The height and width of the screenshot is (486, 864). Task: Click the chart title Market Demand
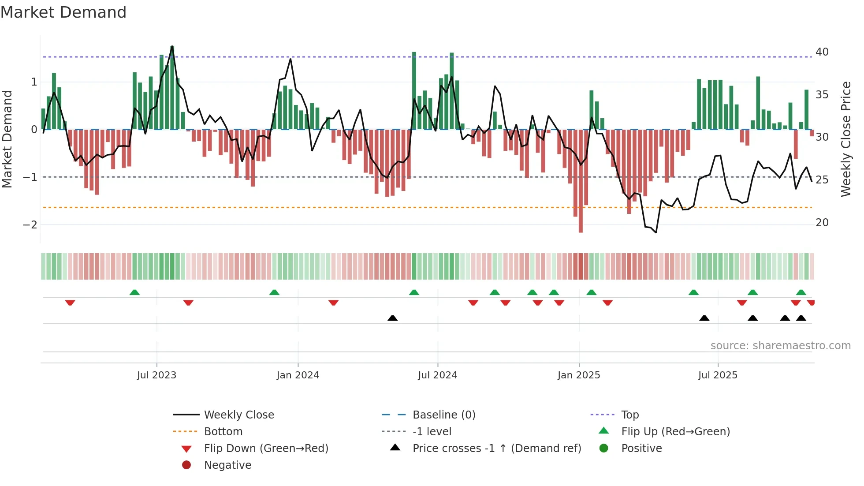[x=63, y=12]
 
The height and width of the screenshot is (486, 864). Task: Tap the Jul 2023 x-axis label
[x=156, y=375]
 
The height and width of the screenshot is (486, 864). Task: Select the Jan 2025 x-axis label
[x=578, y=375]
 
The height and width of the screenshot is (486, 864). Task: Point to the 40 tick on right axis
[x=822, y=52]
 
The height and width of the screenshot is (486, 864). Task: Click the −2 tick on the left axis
[x=30, y=224]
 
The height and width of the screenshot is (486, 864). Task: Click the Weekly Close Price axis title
[x=845, y=139]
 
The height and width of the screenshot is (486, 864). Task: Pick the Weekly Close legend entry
[x=238, y=415]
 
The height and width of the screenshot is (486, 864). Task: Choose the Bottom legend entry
[x=223, y=432]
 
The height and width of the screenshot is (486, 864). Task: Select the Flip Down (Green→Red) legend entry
[x=266, y=449]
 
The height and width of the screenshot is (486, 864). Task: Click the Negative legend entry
[x=227, y=465]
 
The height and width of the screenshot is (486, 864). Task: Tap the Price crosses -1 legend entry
[x=496, y=449]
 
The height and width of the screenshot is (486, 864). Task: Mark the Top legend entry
[x=629, y=415]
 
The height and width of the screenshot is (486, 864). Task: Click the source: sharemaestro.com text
[x=780, y=346]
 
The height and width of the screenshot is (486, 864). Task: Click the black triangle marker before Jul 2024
[x=392, y=318]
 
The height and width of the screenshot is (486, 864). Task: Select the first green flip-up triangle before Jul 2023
[x=134, y=292]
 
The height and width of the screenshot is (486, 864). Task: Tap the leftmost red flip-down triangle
[x=70, y=303]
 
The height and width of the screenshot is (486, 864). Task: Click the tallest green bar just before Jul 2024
[x=414, y=88]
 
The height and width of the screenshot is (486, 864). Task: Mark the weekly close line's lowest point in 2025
[x=656, y=232]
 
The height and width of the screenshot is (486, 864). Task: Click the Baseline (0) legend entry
[x=443, y=415]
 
